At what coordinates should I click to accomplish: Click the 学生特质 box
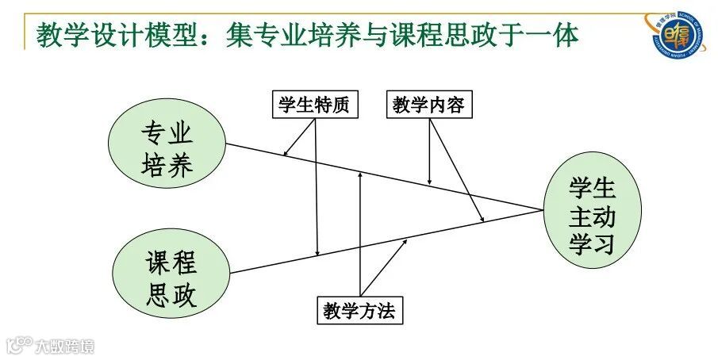coord(313,105)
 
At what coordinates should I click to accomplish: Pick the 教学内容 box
coord(429,105)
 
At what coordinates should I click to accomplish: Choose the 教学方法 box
coord(359,310)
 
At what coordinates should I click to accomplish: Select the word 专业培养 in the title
coord(303,34)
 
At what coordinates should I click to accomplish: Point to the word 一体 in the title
coord(553,34)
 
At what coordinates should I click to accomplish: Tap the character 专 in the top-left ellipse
coord(154,131)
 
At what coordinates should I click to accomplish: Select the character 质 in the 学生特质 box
coord(340,105)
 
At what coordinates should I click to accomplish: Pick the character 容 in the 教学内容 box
coord(455,105)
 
